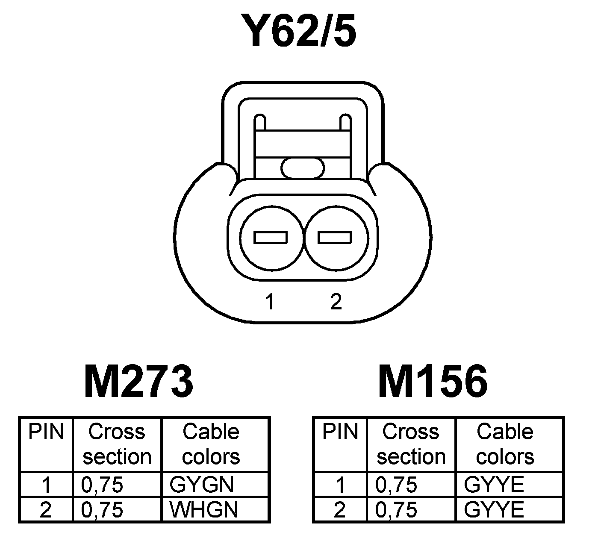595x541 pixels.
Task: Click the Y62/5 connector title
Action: coord(298,31)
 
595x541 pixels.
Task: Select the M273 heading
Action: coord(139,381)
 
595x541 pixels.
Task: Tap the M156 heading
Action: coord(433,381)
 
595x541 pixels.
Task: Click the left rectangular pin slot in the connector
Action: coord(271,237)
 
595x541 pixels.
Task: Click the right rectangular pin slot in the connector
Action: coord(335,237)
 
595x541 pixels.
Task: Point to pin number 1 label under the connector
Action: coord(269,302)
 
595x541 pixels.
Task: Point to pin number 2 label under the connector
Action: coord(336,302)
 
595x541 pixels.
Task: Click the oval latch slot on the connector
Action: coord(303,168)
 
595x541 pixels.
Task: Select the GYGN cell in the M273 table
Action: coord(202,485)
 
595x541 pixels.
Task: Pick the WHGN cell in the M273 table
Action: coord(204,509)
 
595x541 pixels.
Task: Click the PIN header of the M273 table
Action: coord(46,432)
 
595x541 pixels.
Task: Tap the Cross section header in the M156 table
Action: coord(411,444)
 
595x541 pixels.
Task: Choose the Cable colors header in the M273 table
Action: coord(211,444)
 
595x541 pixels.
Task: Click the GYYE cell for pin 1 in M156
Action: coord(494,485)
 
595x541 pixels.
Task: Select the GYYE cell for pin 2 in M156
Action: coord(494,509)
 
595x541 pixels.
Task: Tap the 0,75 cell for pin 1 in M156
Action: coord(396,485)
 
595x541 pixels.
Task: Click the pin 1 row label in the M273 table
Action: coord(46,485)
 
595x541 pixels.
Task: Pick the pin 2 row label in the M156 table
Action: coord(339,509)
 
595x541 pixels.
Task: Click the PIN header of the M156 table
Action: coord(340,432)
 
